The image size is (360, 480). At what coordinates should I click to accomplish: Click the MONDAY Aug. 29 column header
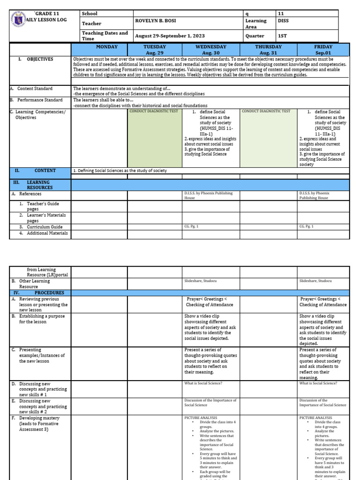[x=99, y=50]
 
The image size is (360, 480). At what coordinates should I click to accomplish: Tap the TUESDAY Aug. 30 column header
[x=155, y=50]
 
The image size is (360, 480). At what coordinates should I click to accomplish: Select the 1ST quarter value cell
[x=283, y=36]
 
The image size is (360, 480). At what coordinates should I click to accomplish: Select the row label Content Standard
[x=35, y=89]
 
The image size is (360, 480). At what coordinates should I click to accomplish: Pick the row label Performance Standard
[x=39, y=100]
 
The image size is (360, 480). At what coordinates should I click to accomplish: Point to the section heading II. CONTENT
[x=45, y=171]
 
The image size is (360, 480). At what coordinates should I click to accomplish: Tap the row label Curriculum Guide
[x=45, y=226]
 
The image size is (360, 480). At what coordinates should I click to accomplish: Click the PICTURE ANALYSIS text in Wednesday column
[x=201, y=417]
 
